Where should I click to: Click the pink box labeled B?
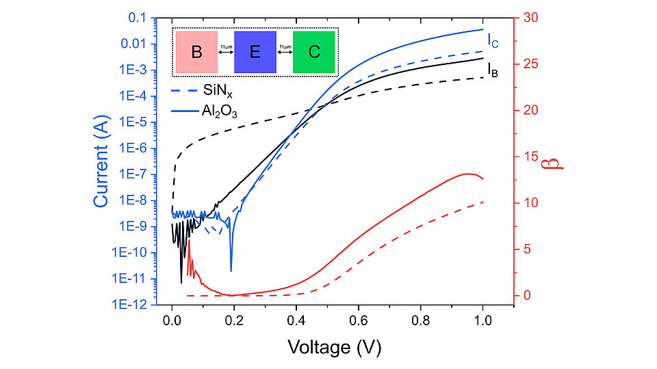coord(196,52)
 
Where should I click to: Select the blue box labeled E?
coord(255,52)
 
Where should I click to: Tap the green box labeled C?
coord(313,52)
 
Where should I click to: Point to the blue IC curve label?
coord(493,41)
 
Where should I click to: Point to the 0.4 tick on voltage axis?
coord(296,318)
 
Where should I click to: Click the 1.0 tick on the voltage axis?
coord(482,318)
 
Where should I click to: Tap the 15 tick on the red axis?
coord(531,156)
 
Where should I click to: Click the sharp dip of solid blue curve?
coord(231,270)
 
